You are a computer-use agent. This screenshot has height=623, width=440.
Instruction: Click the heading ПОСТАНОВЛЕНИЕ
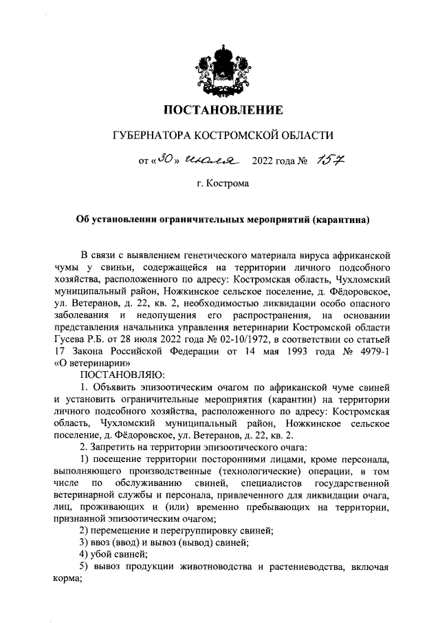[x=222, y=109]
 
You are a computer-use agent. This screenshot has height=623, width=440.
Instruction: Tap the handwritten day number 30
[x=164, y=161]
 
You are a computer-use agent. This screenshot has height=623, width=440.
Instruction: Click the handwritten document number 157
[x=329, y=161]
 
